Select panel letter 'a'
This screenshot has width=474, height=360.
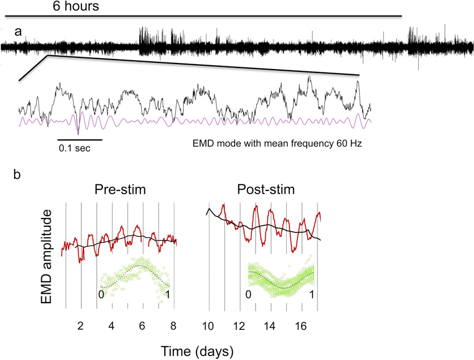18,32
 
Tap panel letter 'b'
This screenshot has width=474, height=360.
18,174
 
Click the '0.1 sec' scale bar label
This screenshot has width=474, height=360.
74,149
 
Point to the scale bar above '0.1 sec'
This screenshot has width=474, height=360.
80,139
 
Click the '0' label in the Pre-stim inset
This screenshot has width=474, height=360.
101,294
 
